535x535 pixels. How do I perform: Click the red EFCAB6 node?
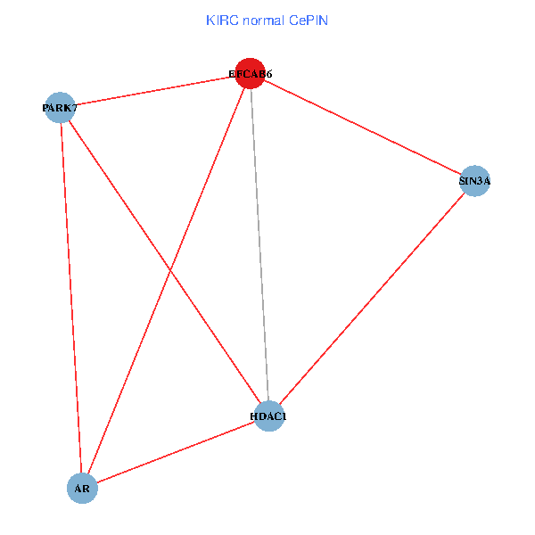[x=251, y=75]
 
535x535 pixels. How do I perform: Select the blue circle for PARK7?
[x=59, y=108]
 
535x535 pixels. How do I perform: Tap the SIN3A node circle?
[x=474, y=181]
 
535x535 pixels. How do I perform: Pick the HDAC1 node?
[x=268, y=416]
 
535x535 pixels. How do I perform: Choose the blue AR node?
[x=82, y=488]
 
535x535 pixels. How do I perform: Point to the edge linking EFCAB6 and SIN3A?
[x=362, y=128]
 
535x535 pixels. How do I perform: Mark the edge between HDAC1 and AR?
[x=176, y=451]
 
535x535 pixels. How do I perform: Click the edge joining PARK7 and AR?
[x=70, y=298]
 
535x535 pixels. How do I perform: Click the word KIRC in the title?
[x=221, y=20]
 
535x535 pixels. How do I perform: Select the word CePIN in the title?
[x=309, y=20]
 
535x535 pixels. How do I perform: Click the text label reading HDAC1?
[x=268, y=416]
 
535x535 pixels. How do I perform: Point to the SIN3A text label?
[x=474, y=182]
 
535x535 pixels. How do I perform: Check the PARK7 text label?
[x=60, y=109]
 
